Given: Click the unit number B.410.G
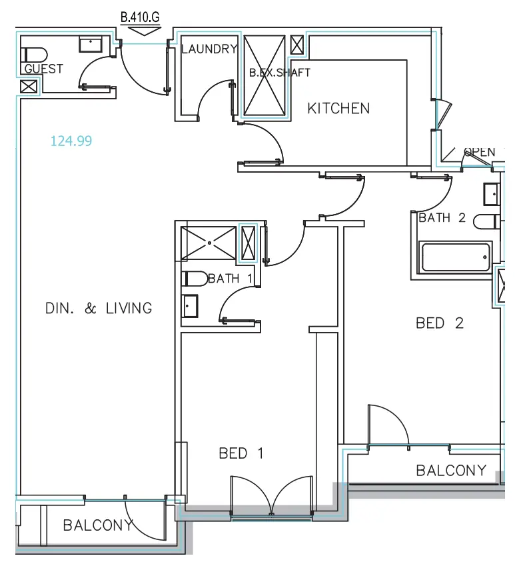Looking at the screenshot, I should point(140,17).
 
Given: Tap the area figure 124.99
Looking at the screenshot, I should point(71,141).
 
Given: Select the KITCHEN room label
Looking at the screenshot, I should point(338,108).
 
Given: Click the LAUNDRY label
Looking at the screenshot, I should point(209,49).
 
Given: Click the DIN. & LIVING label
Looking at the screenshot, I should point(99,308).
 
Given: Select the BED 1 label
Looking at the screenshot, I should point(241,453).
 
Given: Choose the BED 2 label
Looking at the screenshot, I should point(440,323).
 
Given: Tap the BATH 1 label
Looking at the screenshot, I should point(230,279).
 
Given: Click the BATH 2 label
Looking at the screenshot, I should point(442,218).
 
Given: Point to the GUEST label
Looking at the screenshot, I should point(43,69).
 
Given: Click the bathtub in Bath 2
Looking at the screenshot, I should point(455,257).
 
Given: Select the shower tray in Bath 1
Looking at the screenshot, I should point(209,243).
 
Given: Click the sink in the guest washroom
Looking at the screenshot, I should point(90,44).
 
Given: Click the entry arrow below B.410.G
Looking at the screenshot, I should point(140,29).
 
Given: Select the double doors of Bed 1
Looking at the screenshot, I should point(270,497).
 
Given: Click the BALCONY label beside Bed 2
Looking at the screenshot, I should point(451,471).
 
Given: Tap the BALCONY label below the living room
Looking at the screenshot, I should point(98,525).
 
